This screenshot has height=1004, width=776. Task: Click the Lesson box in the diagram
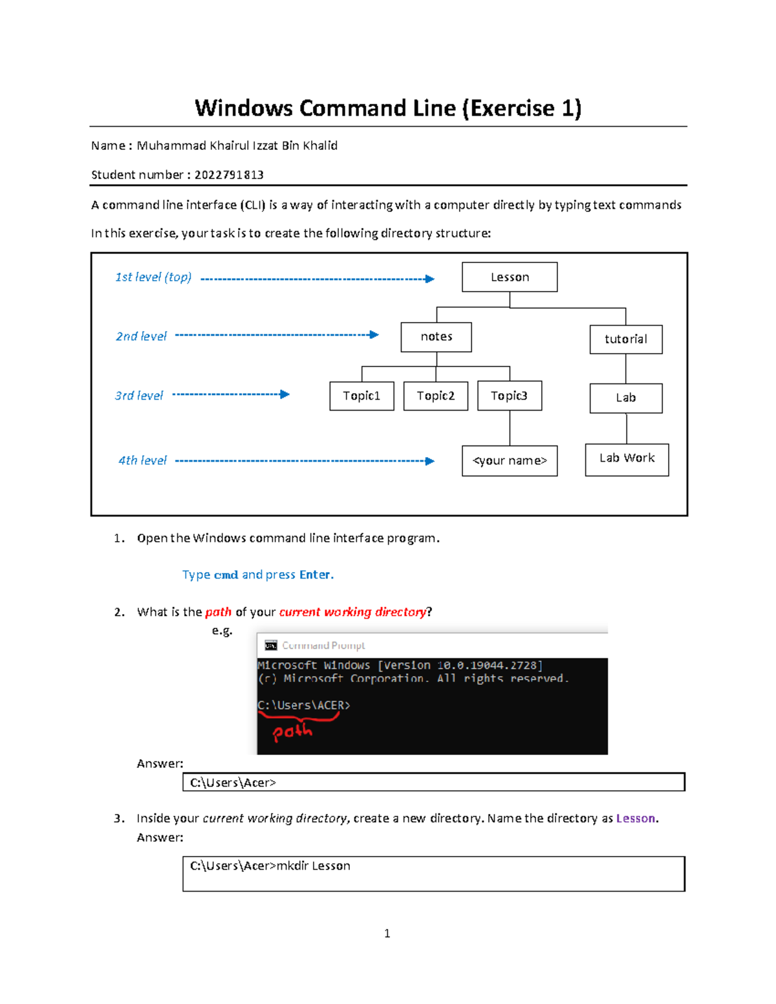tap(510, 277)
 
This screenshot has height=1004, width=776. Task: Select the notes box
tap(436, 337)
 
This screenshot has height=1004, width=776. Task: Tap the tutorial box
tap(625, 339)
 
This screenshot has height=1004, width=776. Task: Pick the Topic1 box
tap(361, 396)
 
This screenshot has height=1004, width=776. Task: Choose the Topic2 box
tap(435, 396)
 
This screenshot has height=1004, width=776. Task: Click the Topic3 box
tap(509, 396)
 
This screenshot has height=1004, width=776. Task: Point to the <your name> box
tap(510, 461)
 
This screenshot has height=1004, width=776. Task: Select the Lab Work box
tap(627, 459)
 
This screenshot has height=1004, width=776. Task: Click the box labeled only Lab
tap(625, 398)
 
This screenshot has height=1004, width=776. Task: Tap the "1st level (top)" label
tap(153, 277)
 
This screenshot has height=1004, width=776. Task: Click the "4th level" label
tap(142, 460)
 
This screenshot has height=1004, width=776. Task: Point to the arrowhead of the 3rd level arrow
tap(285, 394)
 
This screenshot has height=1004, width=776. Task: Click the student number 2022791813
tap(229, 175)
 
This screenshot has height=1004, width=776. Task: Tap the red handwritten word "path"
tap(292, 731)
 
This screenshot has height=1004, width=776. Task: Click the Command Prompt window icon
tap(271, 645)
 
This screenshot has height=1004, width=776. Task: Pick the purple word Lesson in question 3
tap(636, 818)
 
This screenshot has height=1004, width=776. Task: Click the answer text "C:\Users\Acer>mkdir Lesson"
tap(270, 866)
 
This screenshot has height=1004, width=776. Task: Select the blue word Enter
tap(315, 575)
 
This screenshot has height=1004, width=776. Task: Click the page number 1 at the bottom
tap(387, 933)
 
